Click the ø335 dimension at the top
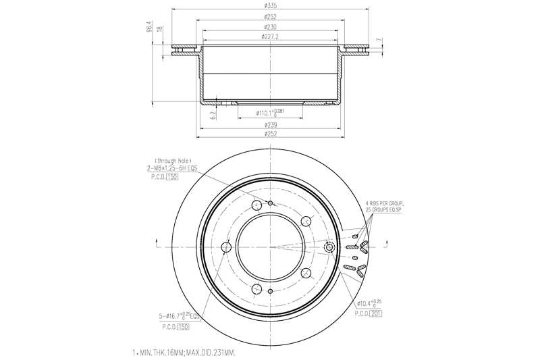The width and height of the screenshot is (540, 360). tap(269, 5)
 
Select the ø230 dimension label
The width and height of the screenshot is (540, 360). tap(269, 26)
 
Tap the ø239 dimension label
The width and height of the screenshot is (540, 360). tap(269, 126)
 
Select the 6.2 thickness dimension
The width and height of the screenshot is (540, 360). tap(213, 115)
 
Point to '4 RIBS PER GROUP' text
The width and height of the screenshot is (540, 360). tap(384, 203)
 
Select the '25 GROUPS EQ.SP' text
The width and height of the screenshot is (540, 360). tap(384, 210)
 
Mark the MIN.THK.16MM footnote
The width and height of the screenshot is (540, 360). tap(188, 353)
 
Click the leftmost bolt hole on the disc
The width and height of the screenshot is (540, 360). tap(226, 247)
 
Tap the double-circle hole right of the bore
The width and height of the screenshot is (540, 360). tap(329, 247)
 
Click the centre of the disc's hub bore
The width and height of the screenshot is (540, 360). tap(270, 247)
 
